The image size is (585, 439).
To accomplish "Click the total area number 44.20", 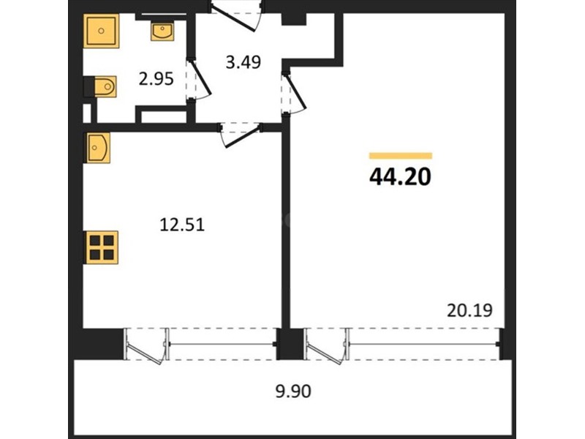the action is tap(400, 176).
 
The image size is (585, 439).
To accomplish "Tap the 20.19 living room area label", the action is tap(469, 310).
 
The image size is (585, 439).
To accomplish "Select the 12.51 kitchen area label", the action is tap(182, 225).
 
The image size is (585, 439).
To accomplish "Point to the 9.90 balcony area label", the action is tap(293, 391).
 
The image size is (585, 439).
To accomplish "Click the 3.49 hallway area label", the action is tap(244, 62).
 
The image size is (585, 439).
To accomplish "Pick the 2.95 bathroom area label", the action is tap(156, 79).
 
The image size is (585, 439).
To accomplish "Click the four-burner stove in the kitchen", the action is tap(101, 247).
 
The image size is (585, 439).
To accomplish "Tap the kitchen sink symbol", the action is tap(99, 148).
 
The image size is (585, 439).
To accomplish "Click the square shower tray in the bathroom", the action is tap(101, 31).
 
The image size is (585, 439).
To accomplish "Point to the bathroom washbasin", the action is tap(162, 31).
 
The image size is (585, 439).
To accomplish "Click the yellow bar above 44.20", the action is tap(401, 156).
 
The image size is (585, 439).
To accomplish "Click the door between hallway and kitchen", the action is tap(241, 134).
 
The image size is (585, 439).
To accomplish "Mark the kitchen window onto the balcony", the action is tap(222, 344).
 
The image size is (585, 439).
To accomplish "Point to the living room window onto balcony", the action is tap(425, 344).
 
